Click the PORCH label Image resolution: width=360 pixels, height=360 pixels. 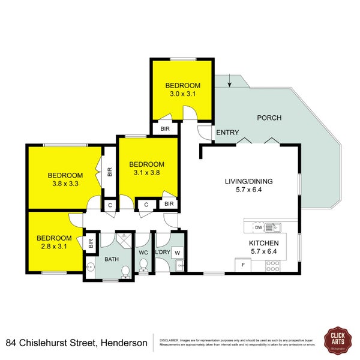(x=269, y=118)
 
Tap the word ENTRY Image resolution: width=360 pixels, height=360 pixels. (x=227, y=133)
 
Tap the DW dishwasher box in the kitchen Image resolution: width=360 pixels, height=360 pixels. (x=258, y=227)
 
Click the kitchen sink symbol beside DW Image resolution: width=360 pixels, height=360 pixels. (x=276, y=227)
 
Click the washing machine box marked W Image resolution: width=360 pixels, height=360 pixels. (x=177, y=253)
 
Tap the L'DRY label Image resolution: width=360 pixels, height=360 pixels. (x=162, y=252)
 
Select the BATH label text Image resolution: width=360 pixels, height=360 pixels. (x=112, y=259)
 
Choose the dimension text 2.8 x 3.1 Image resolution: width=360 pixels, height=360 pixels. (x=54, y=246)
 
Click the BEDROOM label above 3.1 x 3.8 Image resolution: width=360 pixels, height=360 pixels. (x=146, y=164)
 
